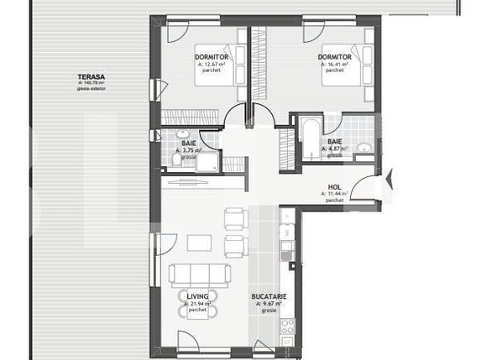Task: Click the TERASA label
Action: click(91, 75)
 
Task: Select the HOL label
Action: click(334, 187)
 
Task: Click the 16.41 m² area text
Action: click(335, 64)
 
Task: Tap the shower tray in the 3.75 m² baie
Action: click(206, 160)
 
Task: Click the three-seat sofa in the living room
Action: click(199, 274)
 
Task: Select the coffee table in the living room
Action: click(199, 243)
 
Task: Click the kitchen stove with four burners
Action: click(287, 326)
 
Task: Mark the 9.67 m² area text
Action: click(269, 304)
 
